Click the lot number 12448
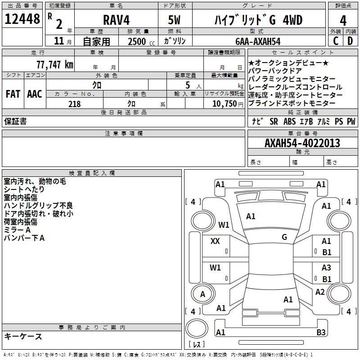(x=22, y=19)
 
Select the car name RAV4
(x=116, y=20)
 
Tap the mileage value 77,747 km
(x=55, y=64)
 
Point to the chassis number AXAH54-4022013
(x=302, y=143)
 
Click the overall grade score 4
(x=343, y=20)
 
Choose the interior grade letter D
(x=350, y=41)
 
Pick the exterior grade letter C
(x=336, y=41)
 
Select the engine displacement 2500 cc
(x=141, y=41)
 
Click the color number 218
(x=74, y=104)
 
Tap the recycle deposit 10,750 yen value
(x=228, y=104)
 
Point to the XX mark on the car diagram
(x=215, y=241)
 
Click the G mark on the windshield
(x=284, y=237)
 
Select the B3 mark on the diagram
(x=321, y=332)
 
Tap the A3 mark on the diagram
(x=326, y=267)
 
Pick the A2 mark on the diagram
(x=320, y=292)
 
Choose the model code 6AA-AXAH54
(x=258, y=41)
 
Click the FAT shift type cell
(x=13, y=94)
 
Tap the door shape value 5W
(x=174, y=20)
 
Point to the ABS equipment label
(x=289, y=121)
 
